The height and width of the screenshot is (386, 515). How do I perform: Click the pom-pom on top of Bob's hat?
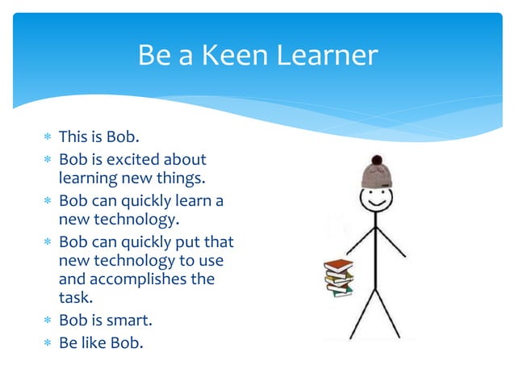click(376, 160)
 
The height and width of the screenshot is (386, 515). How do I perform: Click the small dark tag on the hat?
click(387, 185)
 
